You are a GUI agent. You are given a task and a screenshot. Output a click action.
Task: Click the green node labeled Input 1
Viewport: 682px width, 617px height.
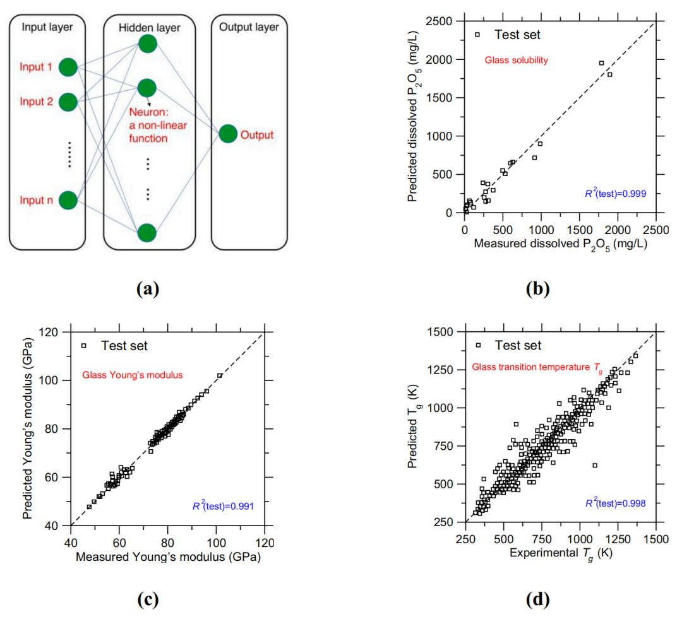click(x=68, y=67)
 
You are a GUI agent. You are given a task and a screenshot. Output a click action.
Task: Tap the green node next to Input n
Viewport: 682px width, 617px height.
click(x=68, y=201)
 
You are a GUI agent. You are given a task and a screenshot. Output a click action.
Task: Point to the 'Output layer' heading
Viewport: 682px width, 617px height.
click(x=249, y=27)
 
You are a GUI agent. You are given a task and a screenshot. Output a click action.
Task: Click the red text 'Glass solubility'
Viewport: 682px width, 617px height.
click(x=515, y=61)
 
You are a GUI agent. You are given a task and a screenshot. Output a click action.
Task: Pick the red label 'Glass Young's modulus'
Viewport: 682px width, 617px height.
click(x=132, y=375)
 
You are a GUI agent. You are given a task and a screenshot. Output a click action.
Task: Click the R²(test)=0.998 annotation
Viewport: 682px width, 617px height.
click(x=615, y=503)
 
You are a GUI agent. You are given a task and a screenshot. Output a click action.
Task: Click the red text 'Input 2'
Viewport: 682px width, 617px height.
click(x=35, y=101)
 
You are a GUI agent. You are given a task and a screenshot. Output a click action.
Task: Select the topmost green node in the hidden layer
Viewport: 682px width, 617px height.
click(x=147, y=44)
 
